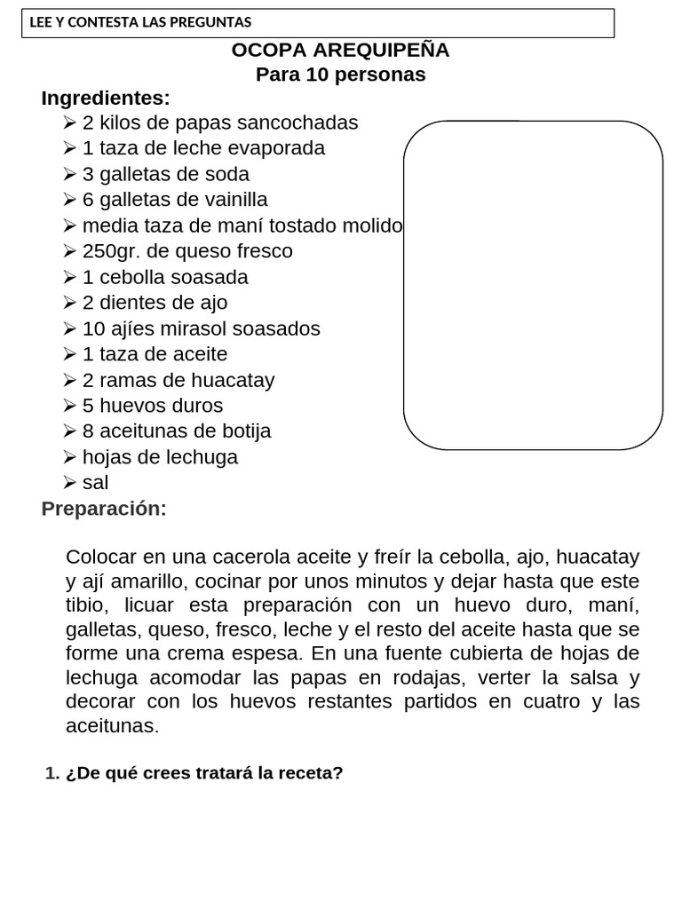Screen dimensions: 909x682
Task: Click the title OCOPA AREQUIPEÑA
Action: tap(340, 51)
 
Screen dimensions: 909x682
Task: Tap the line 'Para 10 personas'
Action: tap(340, 75)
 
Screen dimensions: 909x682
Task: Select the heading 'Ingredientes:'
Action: tap(106, 98)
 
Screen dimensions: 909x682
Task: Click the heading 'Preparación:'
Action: tap(104, 509)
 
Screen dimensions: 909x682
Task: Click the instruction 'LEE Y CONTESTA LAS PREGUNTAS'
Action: tap(140, 22)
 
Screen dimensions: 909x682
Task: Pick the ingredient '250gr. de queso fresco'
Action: tap(187, 251)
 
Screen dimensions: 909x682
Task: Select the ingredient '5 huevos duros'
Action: tap(153, 406)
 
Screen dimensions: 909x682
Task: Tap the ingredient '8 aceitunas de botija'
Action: tap(177, 431)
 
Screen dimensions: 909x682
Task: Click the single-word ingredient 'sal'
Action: tap(95, 483)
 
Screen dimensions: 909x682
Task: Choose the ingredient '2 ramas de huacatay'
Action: tap(178, 380)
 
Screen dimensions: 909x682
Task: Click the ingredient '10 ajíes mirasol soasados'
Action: tap(201, 328)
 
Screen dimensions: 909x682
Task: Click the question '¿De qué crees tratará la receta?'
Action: tap(203, 773)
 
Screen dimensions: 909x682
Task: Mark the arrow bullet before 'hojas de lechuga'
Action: tap(71, 458)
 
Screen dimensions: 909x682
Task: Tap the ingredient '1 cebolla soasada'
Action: tap(165, 277)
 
